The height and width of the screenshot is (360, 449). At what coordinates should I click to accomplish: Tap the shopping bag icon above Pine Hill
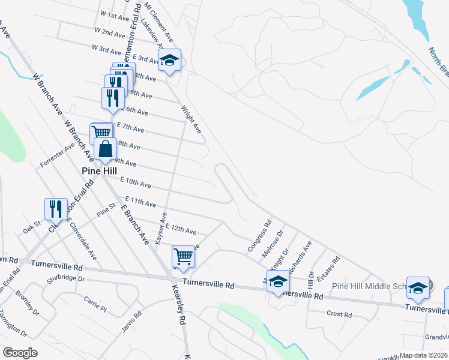pos(105,149)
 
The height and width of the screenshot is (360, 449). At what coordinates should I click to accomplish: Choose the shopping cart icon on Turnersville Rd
pos(184,256)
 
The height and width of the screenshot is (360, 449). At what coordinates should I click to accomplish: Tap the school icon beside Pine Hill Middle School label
pos(418,288)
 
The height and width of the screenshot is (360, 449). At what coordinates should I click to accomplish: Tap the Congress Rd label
pos(256,241)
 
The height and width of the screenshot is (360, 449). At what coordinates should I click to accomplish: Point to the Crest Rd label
pos(339,314)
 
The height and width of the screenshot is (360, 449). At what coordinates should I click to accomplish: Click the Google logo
pos(20,353)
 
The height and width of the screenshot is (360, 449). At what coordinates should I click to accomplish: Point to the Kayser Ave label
pos(160,227)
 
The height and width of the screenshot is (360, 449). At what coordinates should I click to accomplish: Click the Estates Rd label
pos(328,268)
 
